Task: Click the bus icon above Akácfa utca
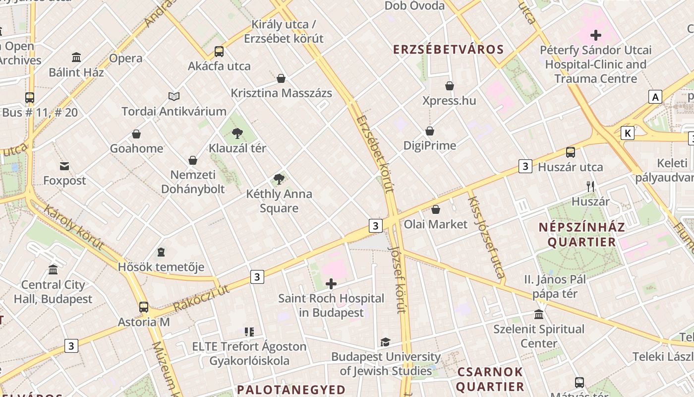pyautogui.click(x=219, y=51)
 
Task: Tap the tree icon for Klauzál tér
pyautogui.click(x=237, y=133)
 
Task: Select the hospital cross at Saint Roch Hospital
pyautogui.click(x=331, y=284)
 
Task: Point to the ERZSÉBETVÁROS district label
pyautogui.click(x=449, y=50)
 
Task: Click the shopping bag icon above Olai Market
pyautogui.click(x=436, y=209)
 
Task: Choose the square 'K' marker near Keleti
pyautogui.click(x=628, y=133)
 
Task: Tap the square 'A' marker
pyautogui.click(x=655, y=97)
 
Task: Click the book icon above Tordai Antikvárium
pyautogui.click(x=173, y=96)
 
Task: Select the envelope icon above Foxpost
pyautogui.click(x=64, y=166)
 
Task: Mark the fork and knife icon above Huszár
pyautogui.click(x=590, y=187)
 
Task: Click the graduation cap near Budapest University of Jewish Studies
pyautogui.click(x=385, y=342)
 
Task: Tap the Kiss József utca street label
pyautogui.click(x=486, y=236)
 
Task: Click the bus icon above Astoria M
pyautogui.click(x=144, y=307)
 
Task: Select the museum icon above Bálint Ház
pyautogui.click(x=76, y=58)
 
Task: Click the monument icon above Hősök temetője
pyautogui.click(x=161, y=253)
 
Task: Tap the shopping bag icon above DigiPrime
pyautogui.click(x=430, y=131)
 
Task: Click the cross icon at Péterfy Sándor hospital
pyautogui.click(x=596, y=35)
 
